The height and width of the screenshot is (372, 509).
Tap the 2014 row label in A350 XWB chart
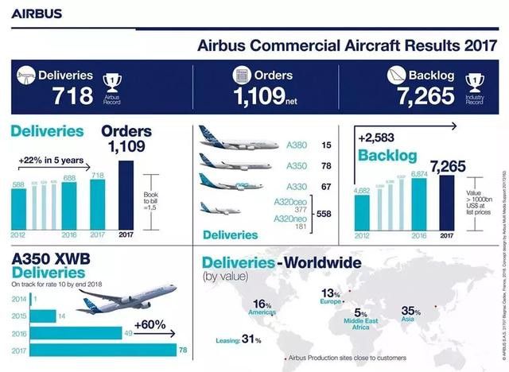pyautogui.click(x=18, y=299)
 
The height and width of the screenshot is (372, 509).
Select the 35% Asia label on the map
pyautogui.click(x=412, y=311)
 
